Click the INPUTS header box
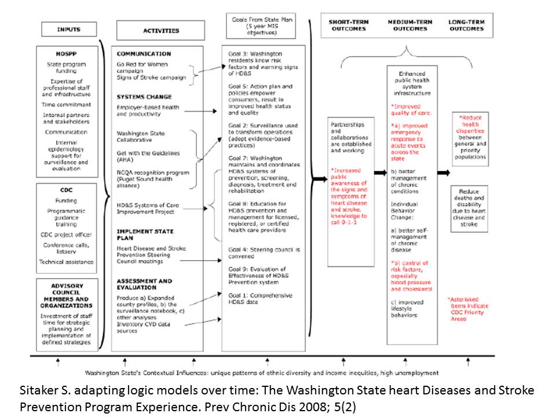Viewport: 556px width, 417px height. tap(68, 30)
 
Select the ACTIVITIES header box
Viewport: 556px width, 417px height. tap(160, 30)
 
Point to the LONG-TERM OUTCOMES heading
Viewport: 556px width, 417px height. tap(466, 25)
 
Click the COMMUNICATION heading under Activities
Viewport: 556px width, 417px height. tap(144, 54)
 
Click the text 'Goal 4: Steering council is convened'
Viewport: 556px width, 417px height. tap(264, 253)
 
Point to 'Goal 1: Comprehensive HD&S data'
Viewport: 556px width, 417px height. tap(260, 299)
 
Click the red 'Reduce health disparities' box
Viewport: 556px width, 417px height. tap(470, 137)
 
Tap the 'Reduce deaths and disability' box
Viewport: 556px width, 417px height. tap(469, 207)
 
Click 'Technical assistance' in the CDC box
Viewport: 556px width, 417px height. tap(66, 262)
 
